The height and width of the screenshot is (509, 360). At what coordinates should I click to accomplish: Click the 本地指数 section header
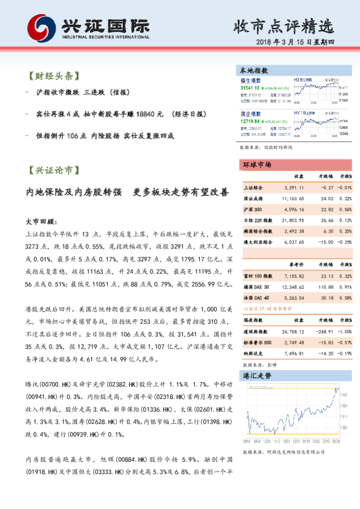[x=254, y=71]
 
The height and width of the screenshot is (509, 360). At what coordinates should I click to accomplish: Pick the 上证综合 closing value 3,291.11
[x=292, y=187]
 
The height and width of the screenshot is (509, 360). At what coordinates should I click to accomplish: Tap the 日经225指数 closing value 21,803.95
[x=292, y=219]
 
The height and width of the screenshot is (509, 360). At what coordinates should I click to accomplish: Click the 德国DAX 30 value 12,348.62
[x=292, y=270]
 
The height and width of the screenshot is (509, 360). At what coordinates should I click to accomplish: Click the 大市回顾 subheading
[x=41, y=221]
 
